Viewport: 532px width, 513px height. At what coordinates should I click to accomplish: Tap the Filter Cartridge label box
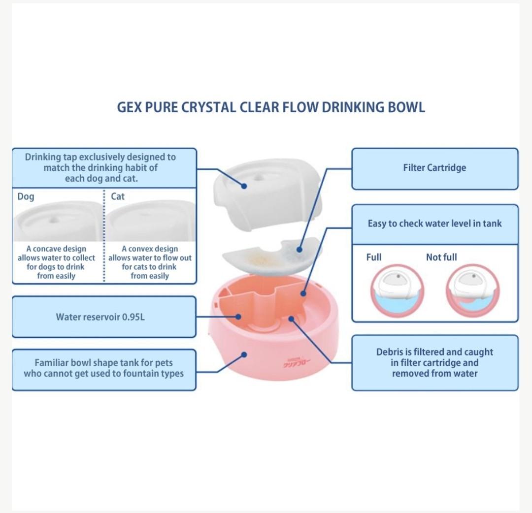[434, 168]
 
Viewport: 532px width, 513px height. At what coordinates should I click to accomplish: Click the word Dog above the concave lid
[26, 197]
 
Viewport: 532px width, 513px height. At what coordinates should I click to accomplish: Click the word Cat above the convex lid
[118, 196]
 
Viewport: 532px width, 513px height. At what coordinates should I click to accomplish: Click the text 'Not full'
[441, 257]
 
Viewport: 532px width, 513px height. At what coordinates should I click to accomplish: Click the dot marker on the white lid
[244, 186]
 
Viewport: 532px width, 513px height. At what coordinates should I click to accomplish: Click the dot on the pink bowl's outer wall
[244, 354]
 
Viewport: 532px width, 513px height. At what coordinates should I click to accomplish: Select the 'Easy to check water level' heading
[434, 224]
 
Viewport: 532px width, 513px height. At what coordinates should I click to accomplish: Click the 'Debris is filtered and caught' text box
[434, 362]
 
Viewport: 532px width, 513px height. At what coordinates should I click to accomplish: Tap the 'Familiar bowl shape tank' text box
[103, 368]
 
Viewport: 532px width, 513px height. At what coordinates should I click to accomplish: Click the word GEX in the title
[129, 107]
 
